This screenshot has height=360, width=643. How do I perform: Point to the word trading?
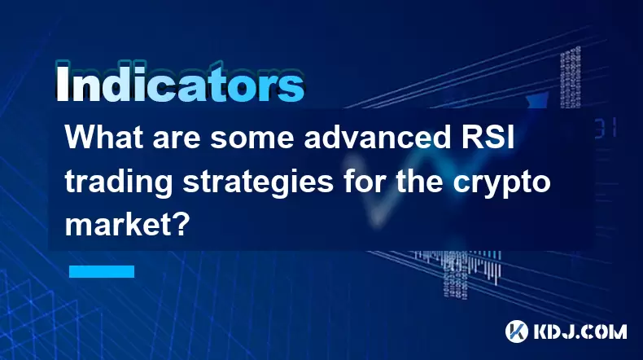tap(119, 183)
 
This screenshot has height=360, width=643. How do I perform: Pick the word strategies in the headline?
tap(258, 183)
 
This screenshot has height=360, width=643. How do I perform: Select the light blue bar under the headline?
tap(102, 271)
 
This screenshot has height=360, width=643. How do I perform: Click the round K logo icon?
tap(517, 331)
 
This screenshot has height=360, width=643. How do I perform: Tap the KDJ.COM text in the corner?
tap(580, 331)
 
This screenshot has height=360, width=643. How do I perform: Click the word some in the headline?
tap(252, 138)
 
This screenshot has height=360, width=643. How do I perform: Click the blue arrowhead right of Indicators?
tap(538, 99)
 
